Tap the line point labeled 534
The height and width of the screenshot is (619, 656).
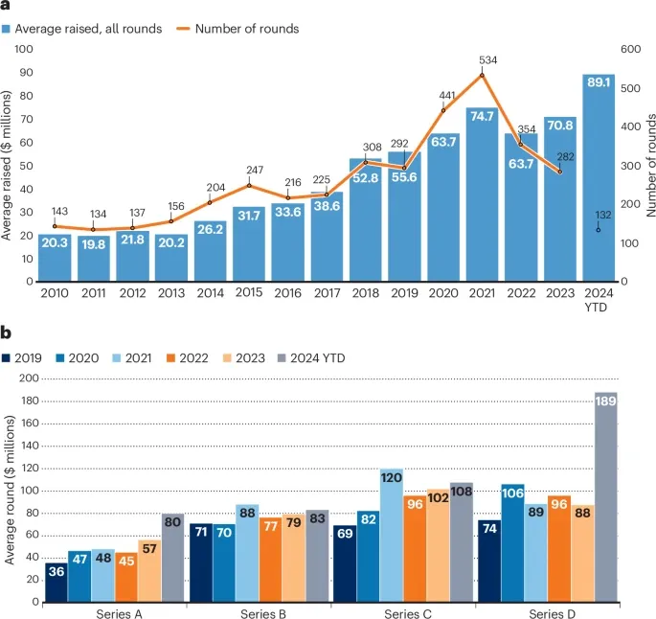pos(482,75)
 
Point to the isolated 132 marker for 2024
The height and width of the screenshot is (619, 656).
pos(599,230)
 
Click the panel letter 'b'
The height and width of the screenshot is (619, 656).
pos(6,333)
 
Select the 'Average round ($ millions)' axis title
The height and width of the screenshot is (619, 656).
pos(9,490)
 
